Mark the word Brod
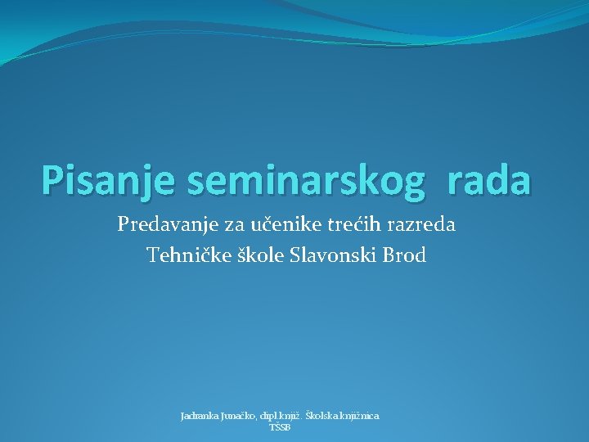[x=404, y=255]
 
